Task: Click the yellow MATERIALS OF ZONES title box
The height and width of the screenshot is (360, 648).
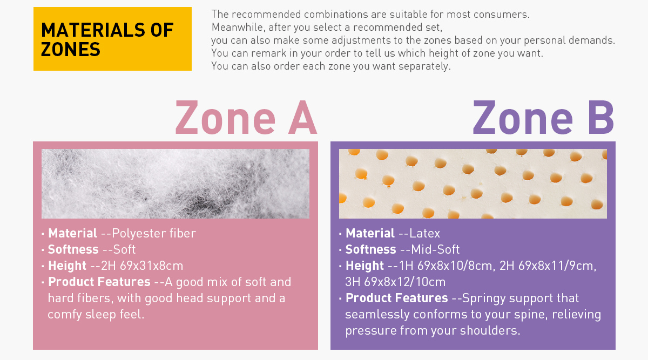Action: click(112, 39)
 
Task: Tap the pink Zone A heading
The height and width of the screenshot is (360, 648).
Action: click(246, 118)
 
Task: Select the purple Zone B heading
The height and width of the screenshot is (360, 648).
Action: click(543, 118)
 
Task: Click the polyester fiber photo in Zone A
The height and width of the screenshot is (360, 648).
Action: click(175, 184)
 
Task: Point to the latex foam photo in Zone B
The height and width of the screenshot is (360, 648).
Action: click(473, 184)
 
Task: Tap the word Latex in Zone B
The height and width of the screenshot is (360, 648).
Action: click(424, 233)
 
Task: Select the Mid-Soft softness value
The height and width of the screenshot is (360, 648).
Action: click(435, 249)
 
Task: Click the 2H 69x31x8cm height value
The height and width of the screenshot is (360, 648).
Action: click(141, 266)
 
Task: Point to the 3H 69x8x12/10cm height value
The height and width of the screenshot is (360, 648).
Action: click(395, 282)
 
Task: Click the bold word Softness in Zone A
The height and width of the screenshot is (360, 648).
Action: click(73, 249)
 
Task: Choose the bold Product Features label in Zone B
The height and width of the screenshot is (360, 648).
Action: click(396, 298)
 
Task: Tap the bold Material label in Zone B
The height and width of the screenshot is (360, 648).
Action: click(370, 233)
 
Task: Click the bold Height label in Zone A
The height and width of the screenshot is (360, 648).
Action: click(67, 266)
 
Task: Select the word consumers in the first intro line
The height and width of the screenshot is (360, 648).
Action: click(488, 14)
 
